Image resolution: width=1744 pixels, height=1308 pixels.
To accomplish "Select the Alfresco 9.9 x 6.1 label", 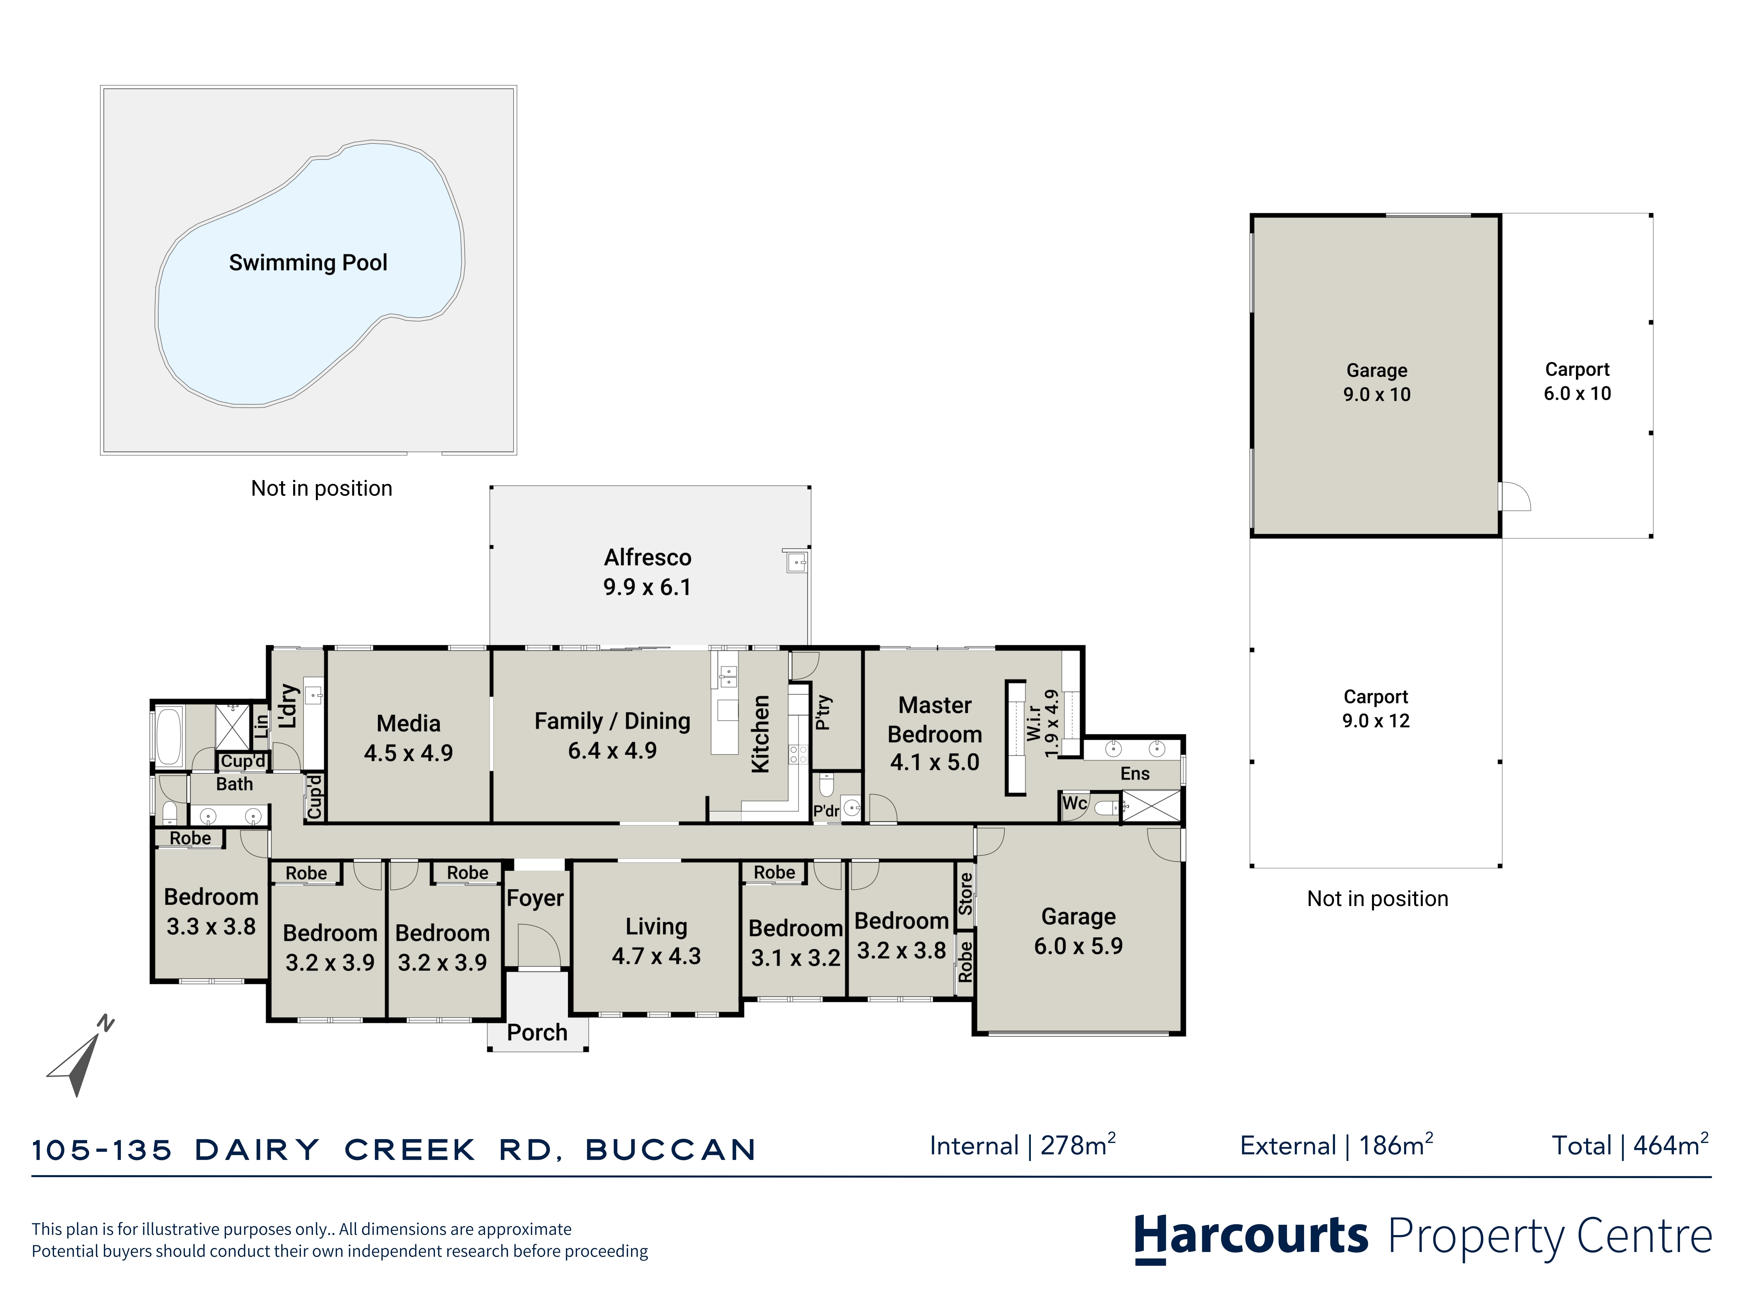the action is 647,572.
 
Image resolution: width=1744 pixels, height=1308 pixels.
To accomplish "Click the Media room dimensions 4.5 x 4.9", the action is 408,753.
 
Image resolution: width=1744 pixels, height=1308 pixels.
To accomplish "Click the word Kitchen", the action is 760,734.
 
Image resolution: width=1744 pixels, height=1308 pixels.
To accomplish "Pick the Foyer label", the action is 535,898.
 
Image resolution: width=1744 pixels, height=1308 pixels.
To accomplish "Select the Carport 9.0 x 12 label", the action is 1376,709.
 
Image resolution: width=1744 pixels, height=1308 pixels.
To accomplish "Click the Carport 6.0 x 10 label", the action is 1577,382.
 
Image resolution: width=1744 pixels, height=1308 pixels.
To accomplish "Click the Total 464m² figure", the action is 1630,1145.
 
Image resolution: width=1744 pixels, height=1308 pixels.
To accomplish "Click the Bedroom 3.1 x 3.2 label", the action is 795,943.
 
